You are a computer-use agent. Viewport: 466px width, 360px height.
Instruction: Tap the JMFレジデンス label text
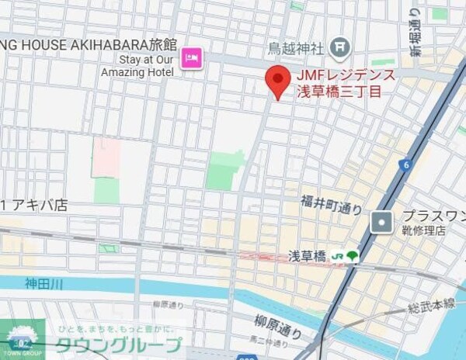[x=346, y=76]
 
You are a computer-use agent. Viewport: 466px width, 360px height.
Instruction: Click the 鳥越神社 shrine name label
[x=294, y=48]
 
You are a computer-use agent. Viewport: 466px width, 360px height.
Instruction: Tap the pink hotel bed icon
[x=192, y=57]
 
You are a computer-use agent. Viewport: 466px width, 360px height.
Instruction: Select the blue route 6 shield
[x=405, y=164]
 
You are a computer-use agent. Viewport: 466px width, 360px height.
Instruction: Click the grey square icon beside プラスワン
[x=381, y=223]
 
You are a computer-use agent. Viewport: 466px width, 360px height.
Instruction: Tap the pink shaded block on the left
[x=106, y=157]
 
